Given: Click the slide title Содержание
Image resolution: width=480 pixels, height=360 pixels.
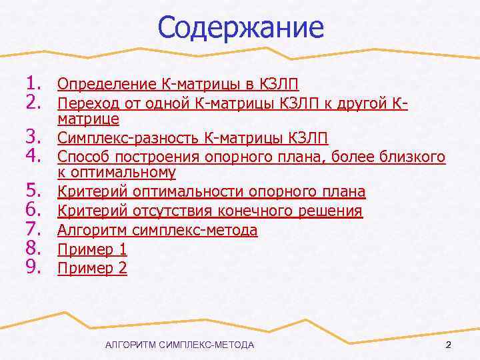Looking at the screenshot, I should [241, 27].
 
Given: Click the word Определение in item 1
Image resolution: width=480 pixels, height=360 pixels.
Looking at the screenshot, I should [107, 84].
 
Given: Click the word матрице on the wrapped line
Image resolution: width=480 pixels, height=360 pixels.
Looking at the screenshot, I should [89, 119].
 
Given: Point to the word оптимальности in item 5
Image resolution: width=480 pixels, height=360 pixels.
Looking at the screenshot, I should [189, 193].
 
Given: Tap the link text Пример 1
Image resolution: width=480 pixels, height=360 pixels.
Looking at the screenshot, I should [92, 250].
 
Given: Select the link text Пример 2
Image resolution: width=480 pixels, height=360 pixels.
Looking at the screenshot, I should [92, 269].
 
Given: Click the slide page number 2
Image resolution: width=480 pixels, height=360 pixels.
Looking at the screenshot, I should [448, 345].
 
